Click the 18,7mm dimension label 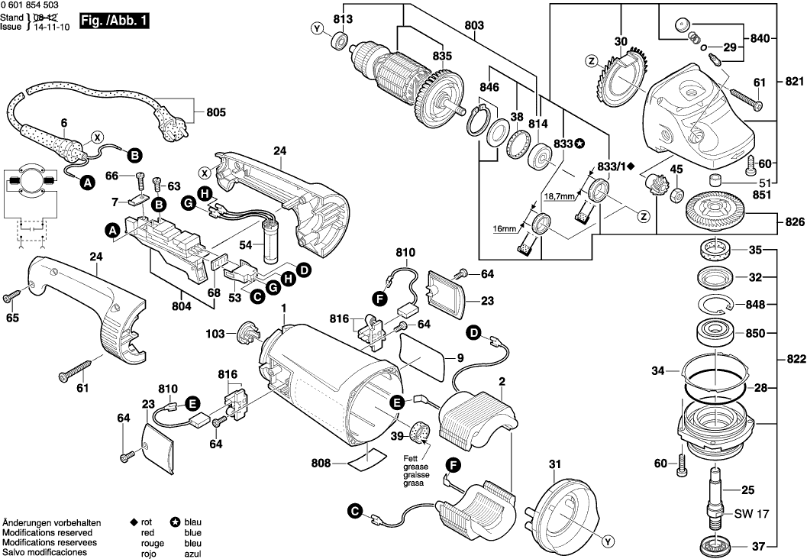pos(561,196)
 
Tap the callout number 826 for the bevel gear pos(794,222)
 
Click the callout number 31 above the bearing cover pos(554,464)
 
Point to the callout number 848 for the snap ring pos(755,304)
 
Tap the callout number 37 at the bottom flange pos(757,545)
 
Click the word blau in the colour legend pos(192,522)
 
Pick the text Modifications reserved pos(47,532)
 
